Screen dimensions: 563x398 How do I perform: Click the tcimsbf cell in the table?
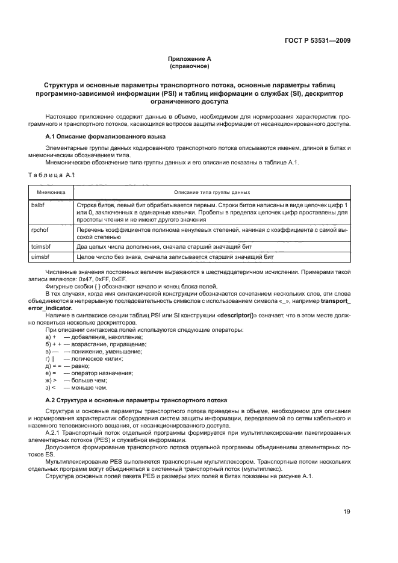[42, 247]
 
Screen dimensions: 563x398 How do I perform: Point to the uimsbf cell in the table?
[42, 257]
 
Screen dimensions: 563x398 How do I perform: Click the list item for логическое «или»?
[84, 358]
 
